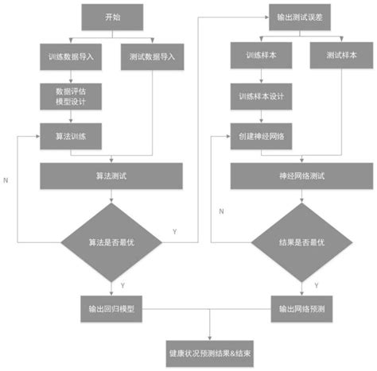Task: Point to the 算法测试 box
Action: pos(111,176)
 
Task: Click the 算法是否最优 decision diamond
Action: pos(111,241)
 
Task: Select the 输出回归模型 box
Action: pos(111,307)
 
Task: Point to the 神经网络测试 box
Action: pos(301,176)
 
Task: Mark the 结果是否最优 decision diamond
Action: pos(301,241)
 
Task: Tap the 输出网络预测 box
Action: pos(301,307)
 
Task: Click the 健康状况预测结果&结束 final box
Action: pos(210,351)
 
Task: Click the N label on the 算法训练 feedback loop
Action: pos(6,180)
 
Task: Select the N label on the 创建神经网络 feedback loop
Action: pos(221,211)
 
